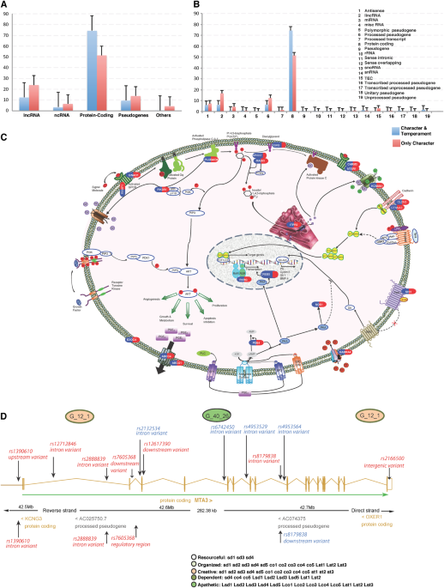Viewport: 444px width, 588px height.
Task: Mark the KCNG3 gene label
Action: (33, 518)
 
